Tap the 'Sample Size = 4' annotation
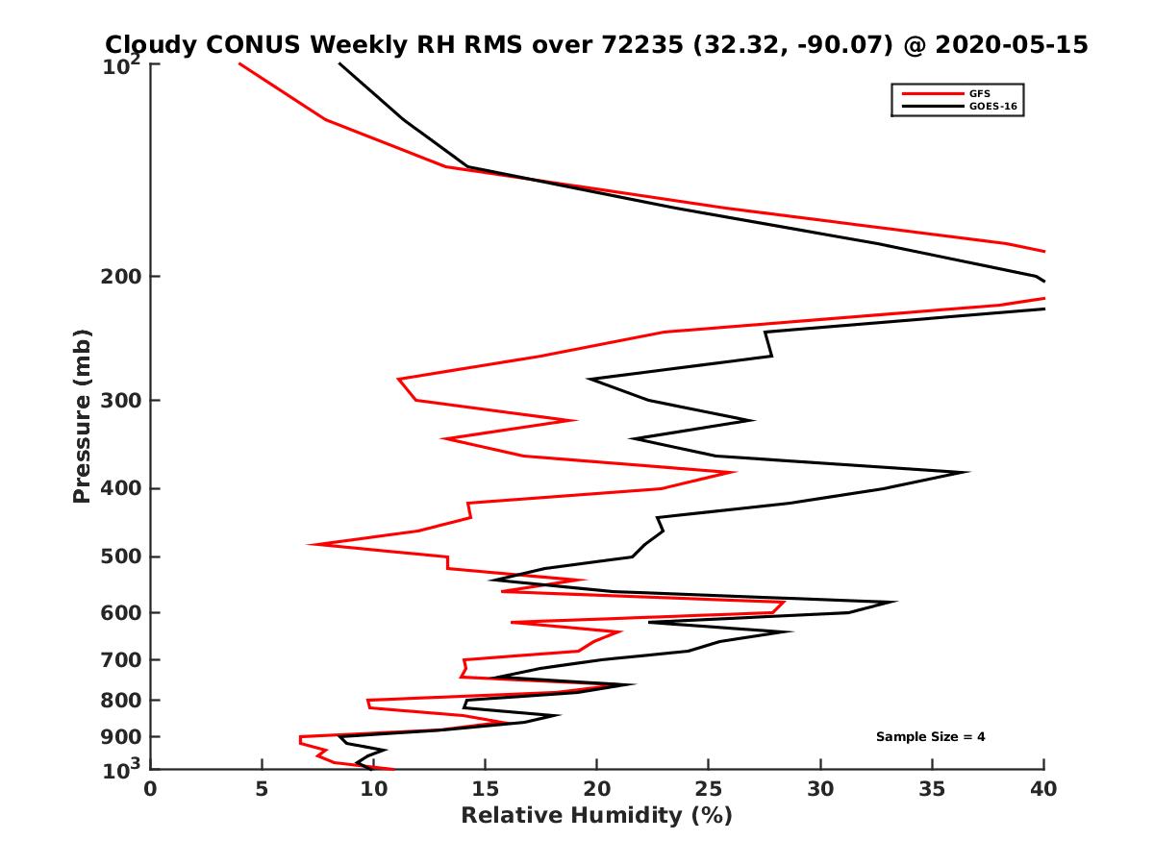[930, 737]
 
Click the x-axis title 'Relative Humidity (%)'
[596, 816]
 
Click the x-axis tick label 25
[708, 789]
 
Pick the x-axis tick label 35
[932, 789]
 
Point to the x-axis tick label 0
[150, 789]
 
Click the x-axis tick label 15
[485, 789]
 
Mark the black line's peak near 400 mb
[967, 472]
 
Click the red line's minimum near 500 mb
[310, 544]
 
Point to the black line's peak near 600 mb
[896, 603]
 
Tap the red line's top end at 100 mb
[239, 63]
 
